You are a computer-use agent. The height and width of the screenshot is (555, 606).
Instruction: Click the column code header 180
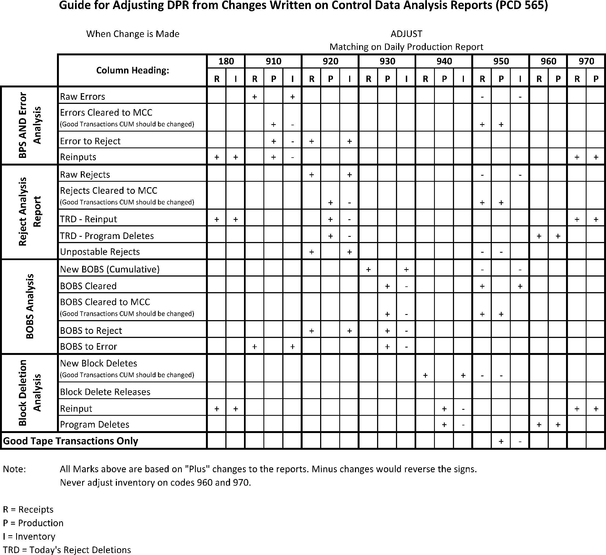pyautogui.click(x=226, y=61)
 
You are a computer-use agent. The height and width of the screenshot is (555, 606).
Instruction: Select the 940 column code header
pyautogui.click(x=444, y=61)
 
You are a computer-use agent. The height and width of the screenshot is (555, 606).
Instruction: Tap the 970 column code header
pyautogui.click(x=586, y=61)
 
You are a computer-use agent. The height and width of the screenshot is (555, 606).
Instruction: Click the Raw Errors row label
pyautogui.click(x=82, y=96)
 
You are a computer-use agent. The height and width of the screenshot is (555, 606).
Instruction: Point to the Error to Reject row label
pyautogui.click(x=90, y=141)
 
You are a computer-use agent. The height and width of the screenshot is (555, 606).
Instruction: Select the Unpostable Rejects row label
pyautogui.click(x=100, y=252)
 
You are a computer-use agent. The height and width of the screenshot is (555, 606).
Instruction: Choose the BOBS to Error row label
pyautogui.click(x=88, y=346)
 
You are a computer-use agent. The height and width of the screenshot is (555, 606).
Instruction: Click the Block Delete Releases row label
pyautogui.click(x=105, y=392)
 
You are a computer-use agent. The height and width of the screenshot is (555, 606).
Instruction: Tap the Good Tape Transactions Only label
pyautogui.click(x=70, y=441)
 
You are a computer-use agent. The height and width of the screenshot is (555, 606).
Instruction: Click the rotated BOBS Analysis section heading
pyautogui.click(x=30, y=306)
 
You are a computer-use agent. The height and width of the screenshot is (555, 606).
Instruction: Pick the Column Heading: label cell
pyautogui.click(x=133, y=70)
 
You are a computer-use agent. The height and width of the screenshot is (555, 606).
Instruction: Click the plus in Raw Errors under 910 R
pyautogui.click(x=255, y=97)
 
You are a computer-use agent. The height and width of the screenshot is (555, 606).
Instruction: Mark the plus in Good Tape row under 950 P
pyautogui.click(x=501, y=441)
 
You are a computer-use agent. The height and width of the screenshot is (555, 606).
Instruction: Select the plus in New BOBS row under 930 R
pyautogui.click(x=369, y=269)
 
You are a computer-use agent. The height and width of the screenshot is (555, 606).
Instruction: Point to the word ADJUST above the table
pyautogui.click(x=406, y=34)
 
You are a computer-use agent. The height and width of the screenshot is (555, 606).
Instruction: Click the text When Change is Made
pyautogui.click(x=133, y=34)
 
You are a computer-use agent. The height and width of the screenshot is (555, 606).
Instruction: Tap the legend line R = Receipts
pyautogui.click(x=28, y=510)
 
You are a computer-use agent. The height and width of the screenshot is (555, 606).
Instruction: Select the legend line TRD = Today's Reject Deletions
pyautogui.click(x=67, y=550)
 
